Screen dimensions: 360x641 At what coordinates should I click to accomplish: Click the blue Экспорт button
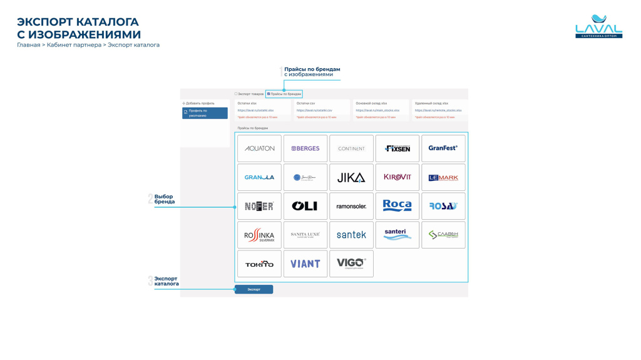pos(254,289)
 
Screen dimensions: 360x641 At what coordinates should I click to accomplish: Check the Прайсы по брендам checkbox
pos(269,94)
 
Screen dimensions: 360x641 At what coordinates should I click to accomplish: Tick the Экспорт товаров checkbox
pos(236,94)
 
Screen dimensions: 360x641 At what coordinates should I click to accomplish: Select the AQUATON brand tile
pos(259,148)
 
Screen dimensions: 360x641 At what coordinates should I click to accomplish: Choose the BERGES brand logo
pos(305,148)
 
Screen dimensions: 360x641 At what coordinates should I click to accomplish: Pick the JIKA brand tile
pos(351,177)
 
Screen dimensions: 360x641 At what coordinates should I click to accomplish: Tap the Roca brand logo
pos(397,205)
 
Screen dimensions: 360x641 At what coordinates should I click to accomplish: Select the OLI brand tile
pos(305,206)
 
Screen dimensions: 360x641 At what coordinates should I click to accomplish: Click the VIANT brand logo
pos(305,264)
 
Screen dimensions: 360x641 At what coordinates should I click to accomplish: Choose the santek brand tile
pos(351,235)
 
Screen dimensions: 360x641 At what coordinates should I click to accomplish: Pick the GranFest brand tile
pos(443,148)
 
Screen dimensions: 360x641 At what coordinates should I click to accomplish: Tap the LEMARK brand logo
pos(443,177)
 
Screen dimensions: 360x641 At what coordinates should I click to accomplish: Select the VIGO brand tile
pos(351,264)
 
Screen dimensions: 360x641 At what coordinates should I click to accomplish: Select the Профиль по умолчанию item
pos(205,113)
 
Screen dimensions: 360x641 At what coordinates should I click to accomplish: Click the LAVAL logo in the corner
pos(598,28)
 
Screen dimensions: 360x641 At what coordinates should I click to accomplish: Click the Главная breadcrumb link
pos(28,45)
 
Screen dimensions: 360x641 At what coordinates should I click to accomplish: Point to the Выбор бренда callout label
pos(164,199)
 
